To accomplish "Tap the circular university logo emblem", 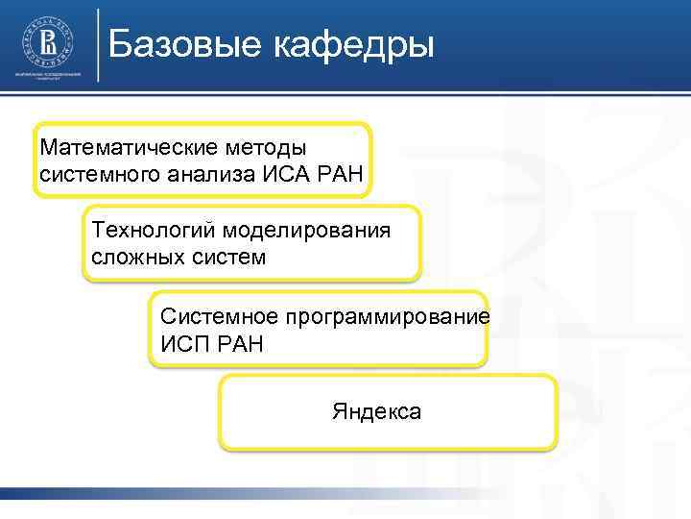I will pyautogui.click(x=46, y=40).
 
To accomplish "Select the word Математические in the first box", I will pyautogui.click(x=124, y=149).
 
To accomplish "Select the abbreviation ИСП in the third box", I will pyautogui.click(x=181, y=342).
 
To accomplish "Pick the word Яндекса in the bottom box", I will pyautogui.click(x=376, y=411).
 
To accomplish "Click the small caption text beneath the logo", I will pyautogui.click(x=46, y=77).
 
